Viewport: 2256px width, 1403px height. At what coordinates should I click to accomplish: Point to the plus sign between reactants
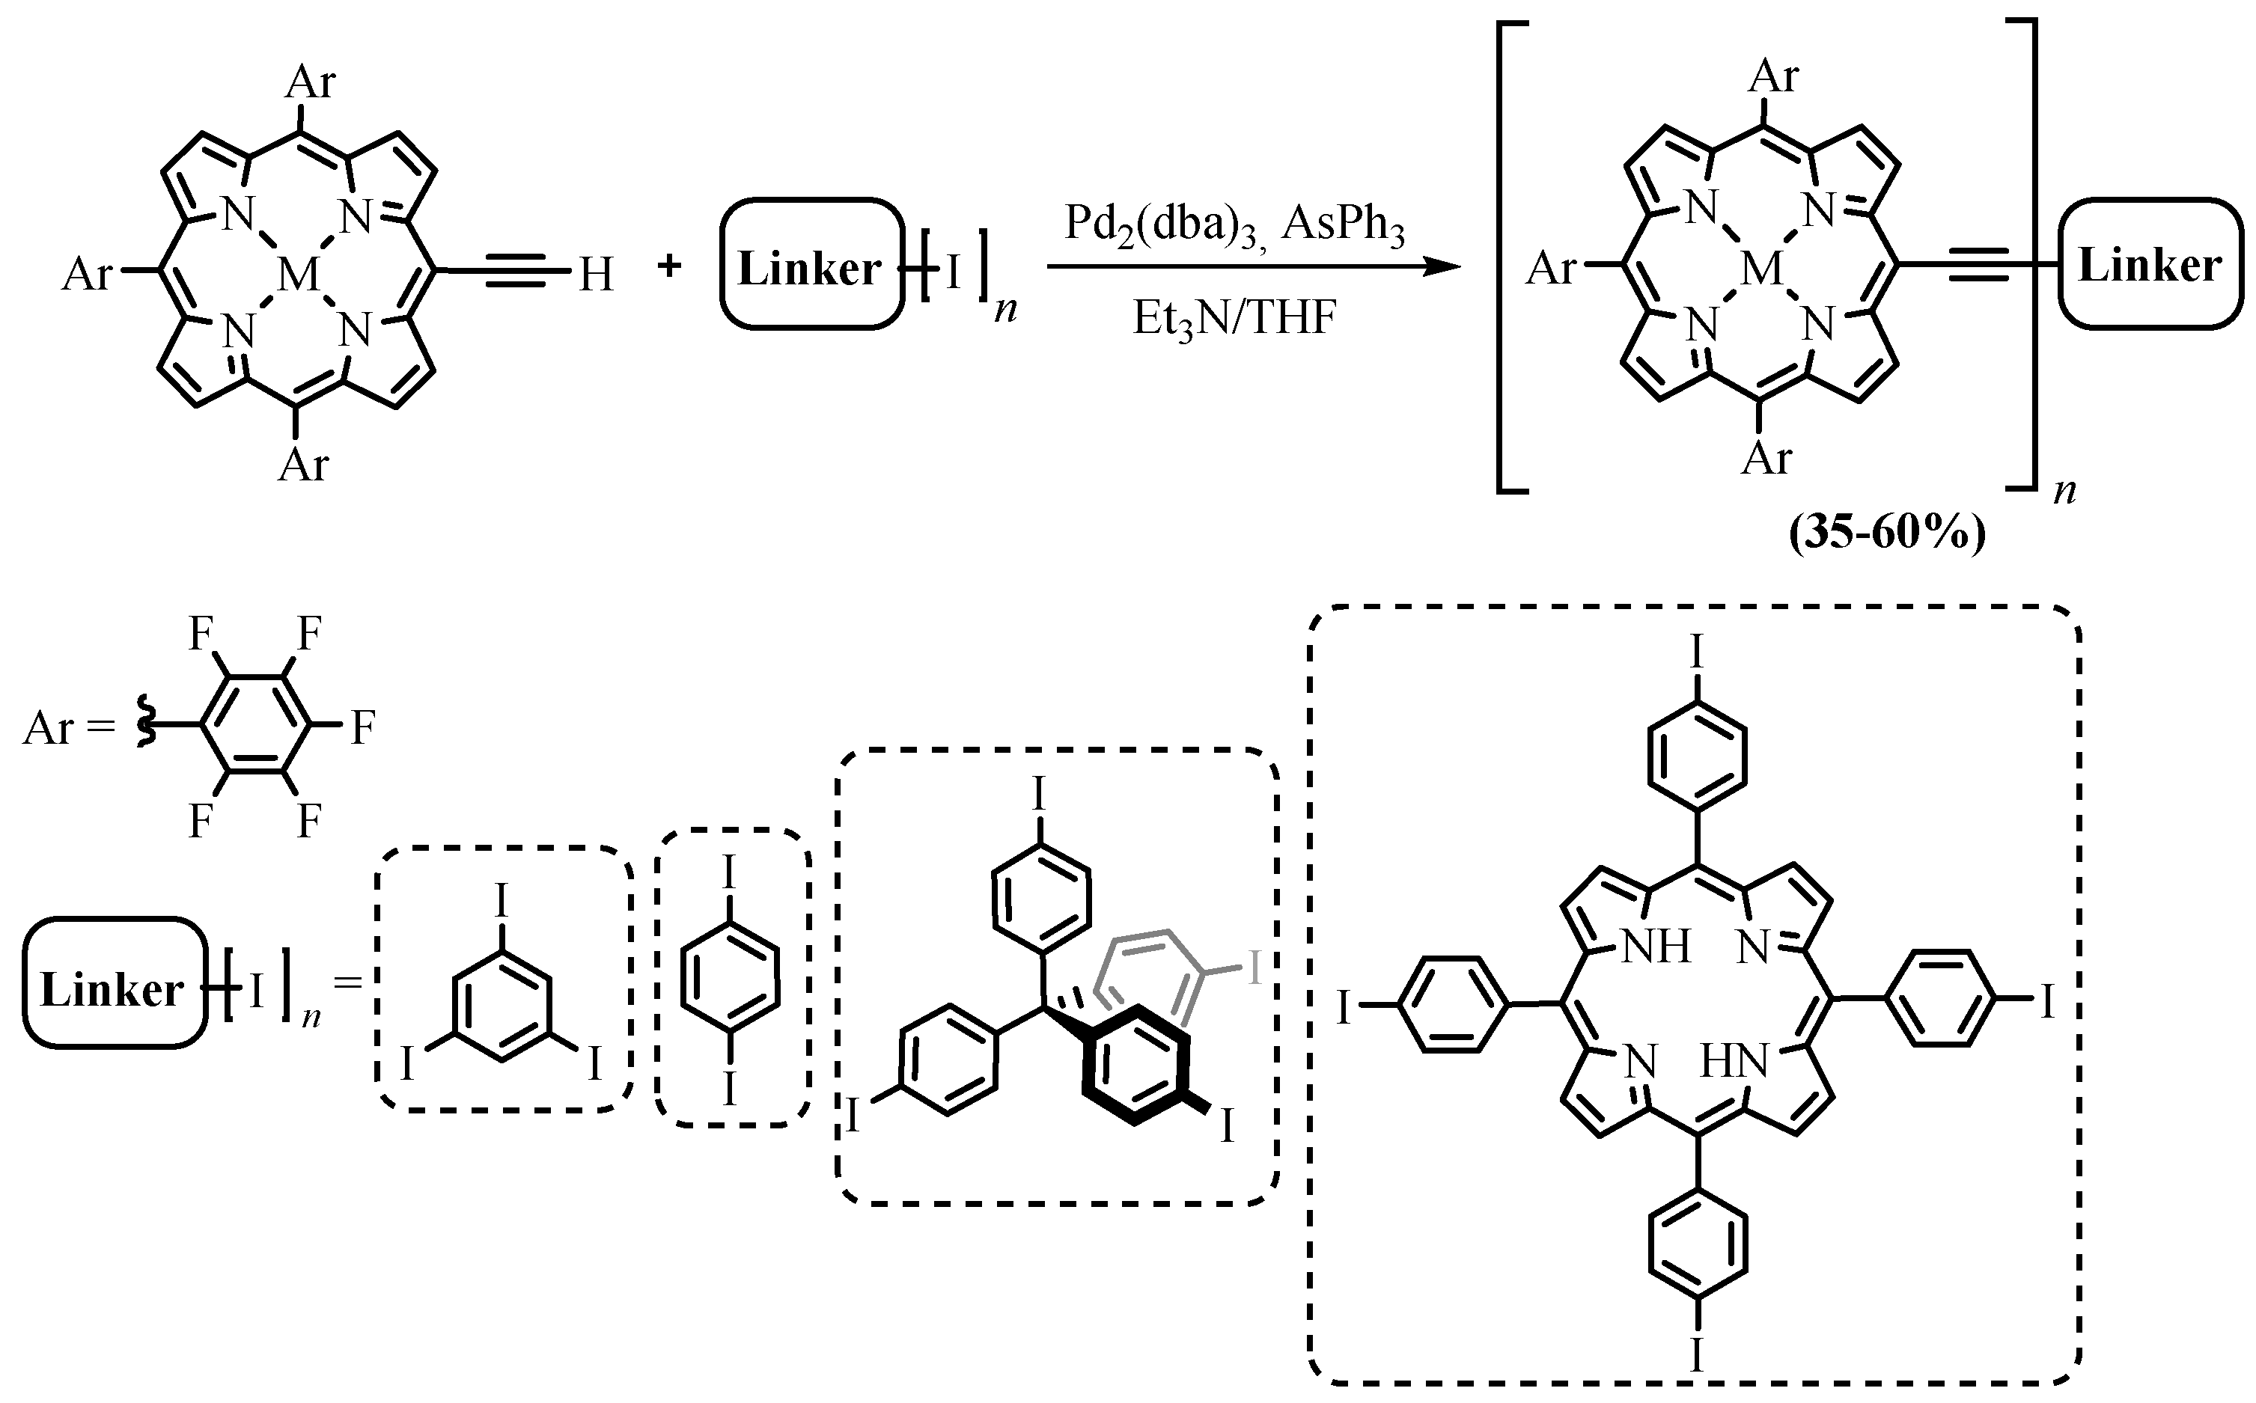click(668, 267)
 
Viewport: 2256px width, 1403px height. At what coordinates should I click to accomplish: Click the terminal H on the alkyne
click(596, 275)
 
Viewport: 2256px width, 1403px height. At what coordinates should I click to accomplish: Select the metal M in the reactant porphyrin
click(298, 275)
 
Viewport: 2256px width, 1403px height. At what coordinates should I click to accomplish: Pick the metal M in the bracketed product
click(1761, 270)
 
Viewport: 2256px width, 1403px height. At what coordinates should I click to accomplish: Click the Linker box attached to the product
click(2149, 266)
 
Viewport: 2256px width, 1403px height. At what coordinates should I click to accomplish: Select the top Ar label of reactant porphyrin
click(310, 82)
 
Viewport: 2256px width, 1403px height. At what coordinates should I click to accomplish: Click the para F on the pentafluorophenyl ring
click(363, 728)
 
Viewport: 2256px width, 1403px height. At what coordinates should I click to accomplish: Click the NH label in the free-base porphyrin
click(1655, 947)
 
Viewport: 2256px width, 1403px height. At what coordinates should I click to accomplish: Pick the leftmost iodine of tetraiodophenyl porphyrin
click(1343, 1006)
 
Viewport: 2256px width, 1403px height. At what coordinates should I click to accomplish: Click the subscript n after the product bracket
click(2064, 491)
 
